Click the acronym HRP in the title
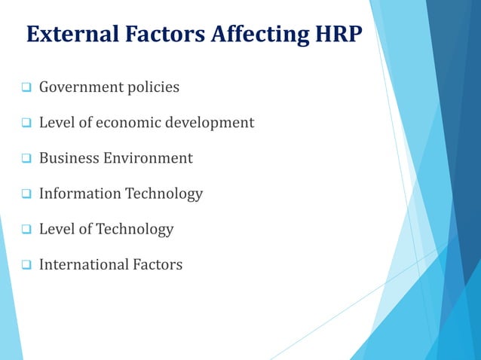[332, 34]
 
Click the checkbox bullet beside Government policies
[26, 88]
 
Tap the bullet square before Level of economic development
[26, 124]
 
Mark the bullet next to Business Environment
[26, 159]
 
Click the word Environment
[149, 158]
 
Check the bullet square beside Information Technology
[26, 194]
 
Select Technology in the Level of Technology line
[135, 229]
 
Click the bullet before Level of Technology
[26, 230]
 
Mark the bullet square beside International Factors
[26, 265]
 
